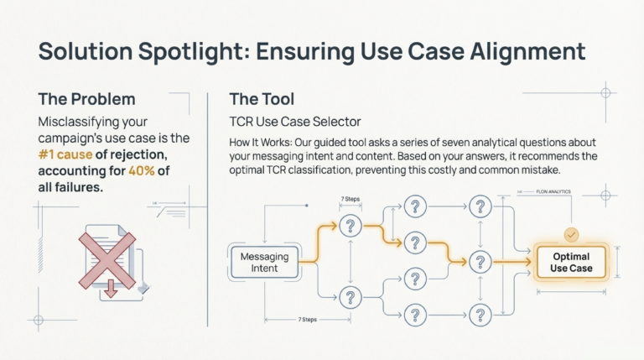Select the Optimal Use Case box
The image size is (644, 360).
571,262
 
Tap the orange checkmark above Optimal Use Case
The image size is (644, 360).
573,236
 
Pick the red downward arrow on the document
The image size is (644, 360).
111,290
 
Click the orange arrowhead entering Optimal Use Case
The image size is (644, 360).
528,262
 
